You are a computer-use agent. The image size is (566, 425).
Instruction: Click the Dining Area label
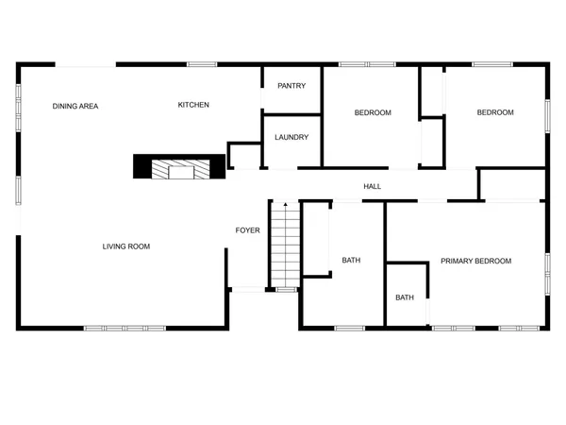click(x=75, y=106)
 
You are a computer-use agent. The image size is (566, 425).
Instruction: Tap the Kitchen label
click(x=193, y=105)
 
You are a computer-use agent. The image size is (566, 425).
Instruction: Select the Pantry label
click(x=291, y=86)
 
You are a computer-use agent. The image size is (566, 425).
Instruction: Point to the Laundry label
click(x=291, y=137)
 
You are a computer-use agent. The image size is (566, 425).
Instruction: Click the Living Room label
click(x=126, y=246)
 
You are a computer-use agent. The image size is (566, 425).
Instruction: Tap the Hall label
click(x=373, y=187)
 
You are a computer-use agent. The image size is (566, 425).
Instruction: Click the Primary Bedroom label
click(x=475, y=261)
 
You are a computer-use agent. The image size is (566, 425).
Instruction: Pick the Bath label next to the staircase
click(x=351, y=260)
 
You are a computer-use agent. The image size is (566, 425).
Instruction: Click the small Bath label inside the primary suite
click(x=405, y=297)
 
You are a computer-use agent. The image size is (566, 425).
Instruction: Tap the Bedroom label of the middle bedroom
click(x=373, y=113)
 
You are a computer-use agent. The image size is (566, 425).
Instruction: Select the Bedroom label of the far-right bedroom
click(x=495, y=112)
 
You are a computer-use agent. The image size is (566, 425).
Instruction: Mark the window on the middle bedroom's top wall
click(x=368, y=64)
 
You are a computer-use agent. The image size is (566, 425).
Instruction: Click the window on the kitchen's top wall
click(x=201, y=64)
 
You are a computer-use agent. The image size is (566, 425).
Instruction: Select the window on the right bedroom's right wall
click(x=546, y=113)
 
